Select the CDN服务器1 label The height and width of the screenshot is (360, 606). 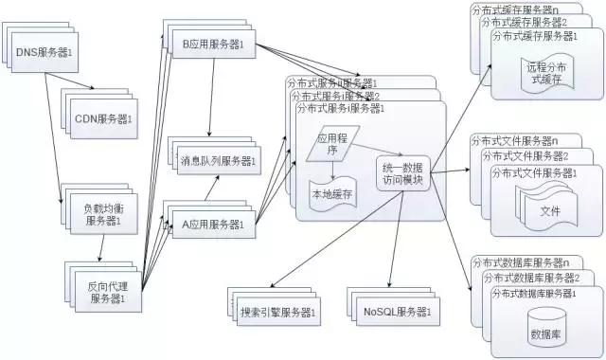click(105, 119)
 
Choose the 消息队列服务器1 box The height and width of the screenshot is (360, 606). click(218, 160)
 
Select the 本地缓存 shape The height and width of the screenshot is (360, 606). click(332, 193)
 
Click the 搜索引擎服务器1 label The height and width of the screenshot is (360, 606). click(280, 311)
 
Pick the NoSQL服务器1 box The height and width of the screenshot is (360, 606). click(397, 311)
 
